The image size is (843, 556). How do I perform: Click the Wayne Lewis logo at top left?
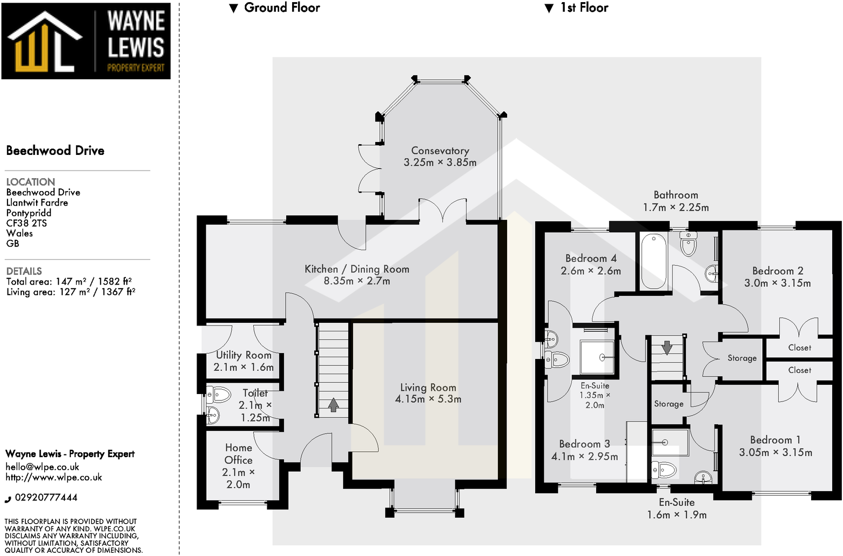(86, 41)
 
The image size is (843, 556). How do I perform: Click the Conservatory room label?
(440, 151)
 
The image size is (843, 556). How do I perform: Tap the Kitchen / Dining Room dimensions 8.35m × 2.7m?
(356, 281)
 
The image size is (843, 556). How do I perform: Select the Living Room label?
(428, 387)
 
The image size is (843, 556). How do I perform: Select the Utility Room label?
(244, 355)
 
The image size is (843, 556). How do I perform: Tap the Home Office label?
(238, 453)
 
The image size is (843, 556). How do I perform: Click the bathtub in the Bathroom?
(653, 261)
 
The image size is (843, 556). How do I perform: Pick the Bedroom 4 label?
(590, 258)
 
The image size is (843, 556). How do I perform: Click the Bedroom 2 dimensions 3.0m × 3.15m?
(777, 283)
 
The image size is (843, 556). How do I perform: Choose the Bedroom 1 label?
(775, 439)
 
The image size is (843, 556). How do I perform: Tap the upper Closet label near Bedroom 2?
(799, 348)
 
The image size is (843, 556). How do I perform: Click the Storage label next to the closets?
(741, 358)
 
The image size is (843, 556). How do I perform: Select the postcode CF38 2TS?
(26, 223)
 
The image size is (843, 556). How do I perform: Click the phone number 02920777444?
(46, 497)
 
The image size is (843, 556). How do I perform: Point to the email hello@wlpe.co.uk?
(42, 466)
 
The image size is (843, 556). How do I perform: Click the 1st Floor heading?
(583, 8)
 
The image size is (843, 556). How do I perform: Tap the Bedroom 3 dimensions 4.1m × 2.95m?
(584, 456)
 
